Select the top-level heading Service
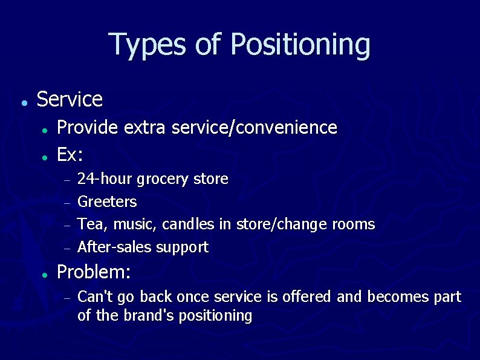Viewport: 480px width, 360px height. coord(70,99)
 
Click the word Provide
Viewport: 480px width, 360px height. coord(88,128)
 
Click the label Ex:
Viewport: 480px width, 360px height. coord(70,155)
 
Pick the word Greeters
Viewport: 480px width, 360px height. coord(108,201)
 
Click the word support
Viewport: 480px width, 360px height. coord(182,247)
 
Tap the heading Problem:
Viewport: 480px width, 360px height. coord(94,272)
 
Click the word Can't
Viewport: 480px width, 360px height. coord(94,297)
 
